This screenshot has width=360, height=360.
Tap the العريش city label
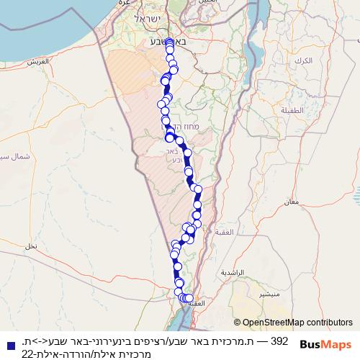pos(37,61)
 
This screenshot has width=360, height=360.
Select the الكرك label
pos(304,60)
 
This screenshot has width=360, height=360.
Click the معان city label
pos(292,202)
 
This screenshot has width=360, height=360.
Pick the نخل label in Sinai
pos(31,246)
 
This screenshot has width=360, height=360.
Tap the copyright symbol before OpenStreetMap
pos(237,323)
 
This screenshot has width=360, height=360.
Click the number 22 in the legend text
pos(26,354)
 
